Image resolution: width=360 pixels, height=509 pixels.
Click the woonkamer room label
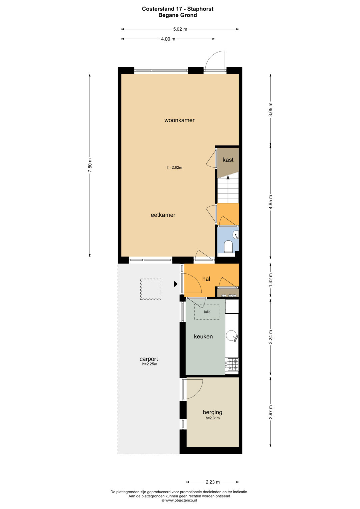[179, 120]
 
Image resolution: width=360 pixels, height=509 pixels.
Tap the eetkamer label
[163, 215]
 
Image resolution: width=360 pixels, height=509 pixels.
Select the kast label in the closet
[228, 160]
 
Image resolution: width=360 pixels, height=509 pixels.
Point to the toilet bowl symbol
[228, 247]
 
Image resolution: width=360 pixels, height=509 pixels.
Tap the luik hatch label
[207, 312]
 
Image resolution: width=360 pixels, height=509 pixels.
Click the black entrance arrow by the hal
[175, 284]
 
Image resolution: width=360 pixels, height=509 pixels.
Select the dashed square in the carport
[151, 289]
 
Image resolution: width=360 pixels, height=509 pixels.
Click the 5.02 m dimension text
[180, 29]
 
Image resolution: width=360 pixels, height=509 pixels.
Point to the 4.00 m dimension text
[168, 39]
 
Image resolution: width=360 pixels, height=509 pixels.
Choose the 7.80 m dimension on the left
[90, 165]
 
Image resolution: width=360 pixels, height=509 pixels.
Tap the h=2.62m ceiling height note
[175, 168]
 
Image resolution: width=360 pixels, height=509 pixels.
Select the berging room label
[213, 412]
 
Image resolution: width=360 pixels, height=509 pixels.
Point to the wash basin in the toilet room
[236, 234]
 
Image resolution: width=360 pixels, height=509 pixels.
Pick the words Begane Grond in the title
[177, 15]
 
